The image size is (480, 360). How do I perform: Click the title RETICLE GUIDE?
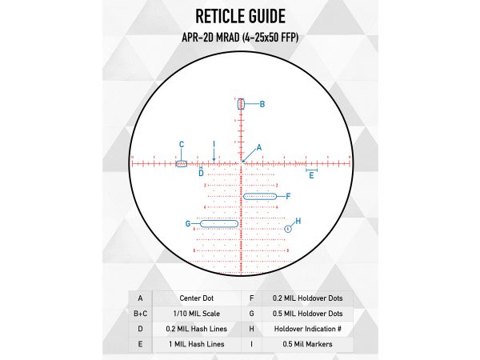pos(240,18)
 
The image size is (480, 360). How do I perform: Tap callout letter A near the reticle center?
pos(258,148)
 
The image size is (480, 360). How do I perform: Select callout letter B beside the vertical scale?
pos(262,104)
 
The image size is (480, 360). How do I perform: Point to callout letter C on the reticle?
pos(182,145)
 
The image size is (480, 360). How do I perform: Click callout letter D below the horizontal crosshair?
pos(201,173)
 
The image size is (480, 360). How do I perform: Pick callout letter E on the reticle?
pos(311,175)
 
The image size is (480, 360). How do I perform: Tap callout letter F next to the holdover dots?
pos(288,196)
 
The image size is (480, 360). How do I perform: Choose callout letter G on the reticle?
pos(188,224)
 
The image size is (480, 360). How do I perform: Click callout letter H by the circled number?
pos(298,221)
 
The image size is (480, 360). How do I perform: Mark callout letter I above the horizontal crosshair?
pos(214,144)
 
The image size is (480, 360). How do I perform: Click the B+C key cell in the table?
pos(140,313)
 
